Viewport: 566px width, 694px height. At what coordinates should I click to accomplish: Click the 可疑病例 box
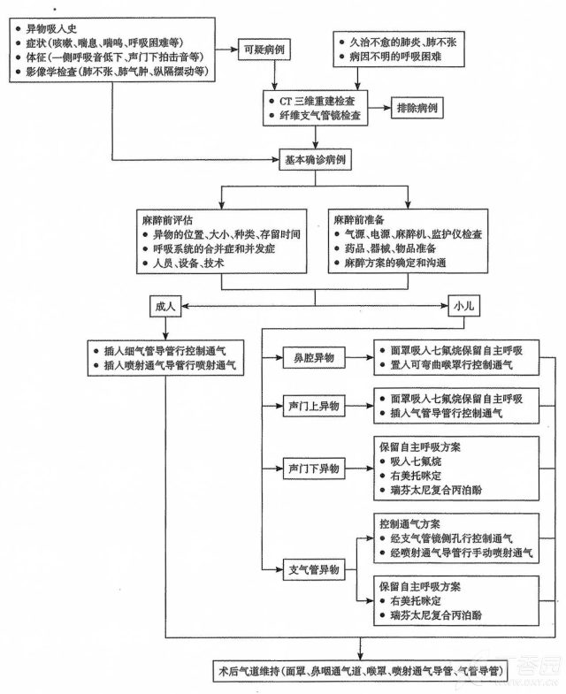coord(264,50)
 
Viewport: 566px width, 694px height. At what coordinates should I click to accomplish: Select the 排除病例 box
coord(417,108)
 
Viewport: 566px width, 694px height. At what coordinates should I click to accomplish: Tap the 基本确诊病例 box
coord(316,160)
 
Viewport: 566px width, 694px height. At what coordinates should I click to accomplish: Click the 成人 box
coord(165,306)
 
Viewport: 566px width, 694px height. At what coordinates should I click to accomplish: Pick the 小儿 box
coord(464,306)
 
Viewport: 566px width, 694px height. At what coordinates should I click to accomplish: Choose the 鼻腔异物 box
coord(314,358)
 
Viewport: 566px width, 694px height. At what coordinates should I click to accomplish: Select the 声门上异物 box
coord(314,406)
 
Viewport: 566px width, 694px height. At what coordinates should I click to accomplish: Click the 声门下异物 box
coord(314,469)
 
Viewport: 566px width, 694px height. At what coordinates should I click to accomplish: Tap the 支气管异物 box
coord(314,569)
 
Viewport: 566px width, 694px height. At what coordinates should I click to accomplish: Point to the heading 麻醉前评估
coord(167,220)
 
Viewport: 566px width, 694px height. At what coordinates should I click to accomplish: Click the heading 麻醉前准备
coord(359,219)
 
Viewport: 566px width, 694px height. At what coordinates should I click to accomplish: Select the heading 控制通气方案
coord(409,524)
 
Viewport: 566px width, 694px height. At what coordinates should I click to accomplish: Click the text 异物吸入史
coord(51,29)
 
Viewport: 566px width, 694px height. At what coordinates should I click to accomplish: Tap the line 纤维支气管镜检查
coord(320,116)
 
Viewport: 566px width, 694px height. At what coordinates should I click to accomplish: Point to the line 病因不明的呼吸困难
coord(395,57)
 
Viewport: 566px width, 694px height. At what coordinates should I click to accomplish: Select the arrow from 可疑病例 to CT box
coord(275,75)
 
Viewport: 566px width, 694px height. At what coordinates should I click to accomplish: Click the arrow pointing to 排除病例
coord(379,108)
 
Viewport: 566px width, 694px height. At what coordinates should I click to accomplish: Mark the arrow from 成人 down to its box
coord(165,328)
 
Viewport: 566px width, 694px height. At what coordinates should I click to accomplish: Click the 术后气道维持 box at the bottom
coord(361,671)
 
